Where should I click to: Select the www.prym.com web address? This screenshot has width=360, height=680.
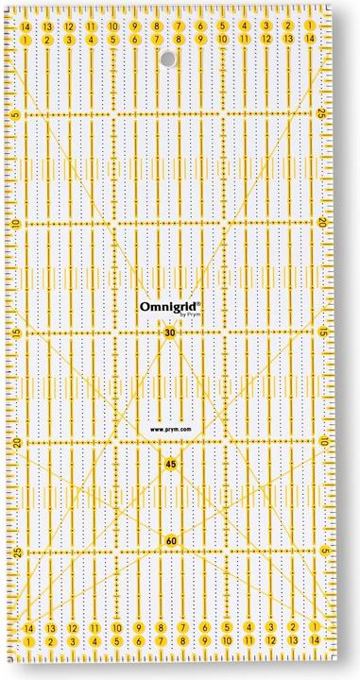(171, 430)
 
